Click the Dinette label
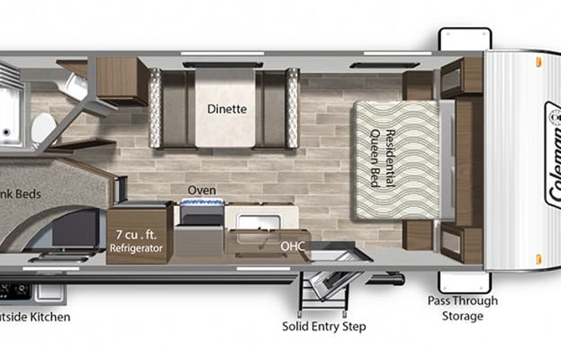coord(226,109)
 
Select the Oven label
coord(202,190)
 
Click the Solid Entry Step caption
coord(324,326)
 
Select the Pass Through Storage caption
coord(463,308)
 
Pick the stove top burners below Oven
coord(201,204)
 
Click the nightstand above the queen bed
coord(419,86)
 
